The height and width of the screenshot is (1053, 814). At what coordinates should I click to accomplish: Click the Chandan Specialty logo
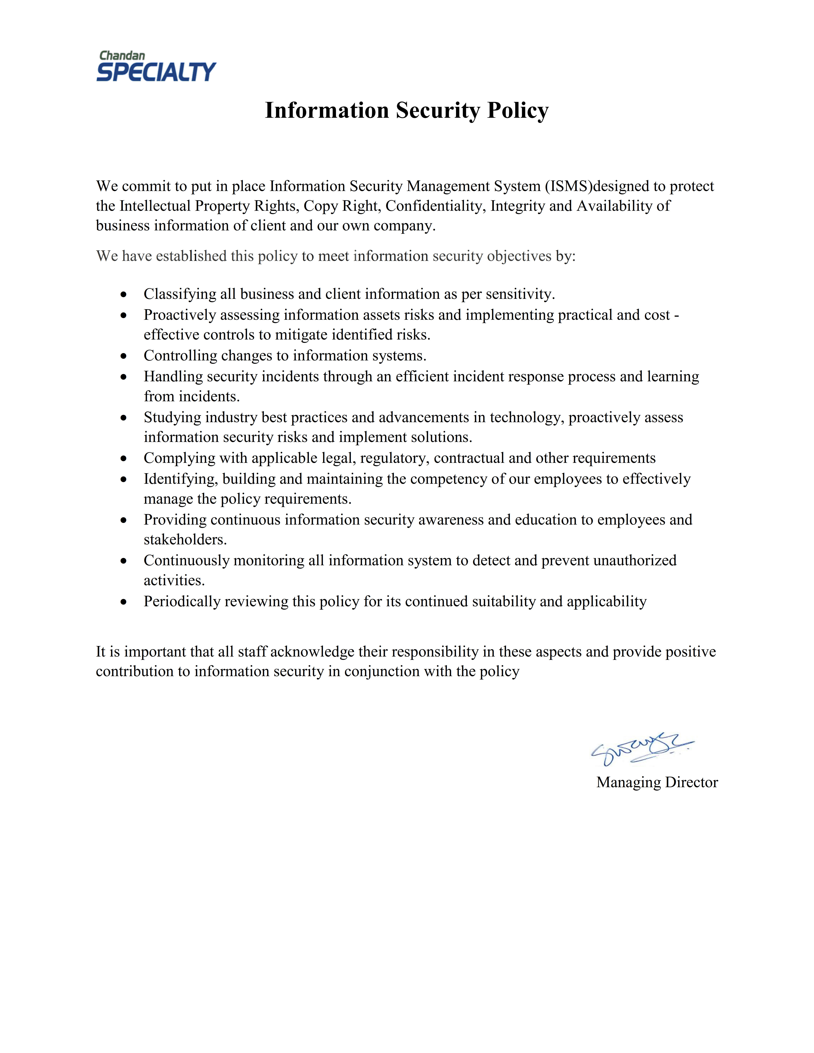(156, 67)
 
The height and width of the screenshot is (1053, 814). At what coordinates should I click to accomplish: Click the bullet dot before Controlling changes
(124, 356)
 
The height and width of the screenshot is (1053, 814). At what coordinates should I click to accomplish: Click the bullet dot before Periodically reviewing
(124, 602)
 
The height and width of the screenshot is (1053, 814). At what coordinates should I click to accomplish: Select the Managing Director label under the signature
(657, 782)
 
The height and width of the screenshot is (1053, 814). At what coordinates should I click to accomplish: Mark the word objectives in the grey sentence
(519, 256)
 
